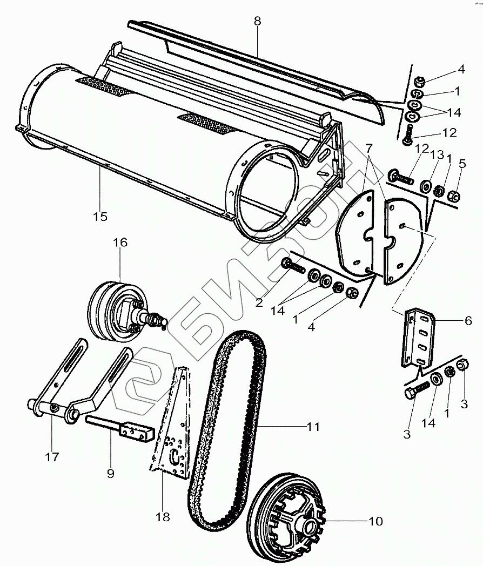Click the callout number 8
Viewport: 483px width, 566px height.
(x=257, y=22)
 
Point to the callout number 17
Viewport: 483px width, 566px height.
(x=52, y=457)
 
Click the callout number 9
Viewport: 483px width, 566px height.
(x=110, y=473)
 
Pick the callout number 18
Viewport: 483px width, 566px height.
(x=162, y=517)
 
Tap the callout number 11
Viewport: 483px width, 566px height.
(x=313, y=427)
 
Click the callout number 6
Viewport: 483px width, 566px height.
(x=468, y=320)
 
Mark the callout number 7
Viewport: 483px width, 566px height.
(x=368, y=147)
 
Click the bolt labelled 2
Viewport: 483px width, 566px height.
(x=292, y=265)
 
